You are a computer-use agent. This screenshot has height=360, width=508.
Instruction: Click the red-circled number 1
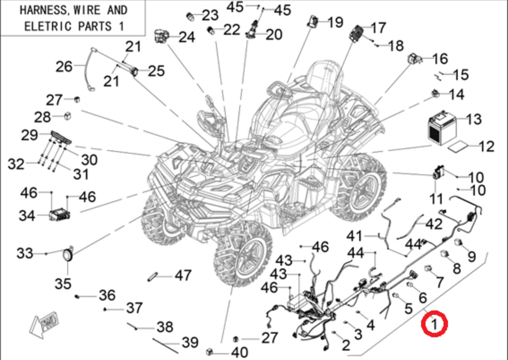[x=434, y=324]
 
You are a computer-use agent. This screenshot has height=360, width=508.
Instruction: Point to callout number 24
[x=187, y=37]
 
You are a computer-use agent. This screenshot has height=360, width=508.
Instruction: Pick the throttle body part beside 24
[x=162, y=36]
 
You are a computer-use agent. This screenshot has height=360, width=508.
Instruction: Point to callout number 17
[x=378, y=28]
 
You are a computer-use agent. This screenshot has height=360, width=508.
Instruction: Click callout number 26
[x=63, y=66]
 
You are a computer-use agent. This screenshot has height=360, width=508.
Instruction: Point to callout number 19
[x=335, y=22]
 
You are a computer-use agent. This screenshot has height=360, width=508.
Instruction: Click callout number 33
[x=25, y=253]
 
